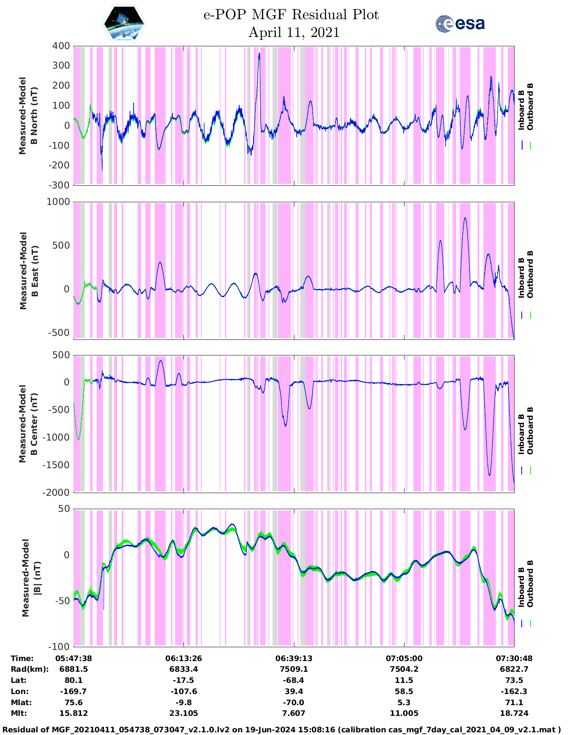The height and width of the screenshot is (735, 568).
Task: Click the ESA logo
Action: pos(460,24)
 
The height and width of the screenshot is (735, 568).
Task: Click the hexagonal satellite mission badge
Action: pos(124,24)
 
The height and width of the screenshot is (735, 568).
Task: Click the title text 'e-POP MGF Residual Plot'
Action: pos(291,15)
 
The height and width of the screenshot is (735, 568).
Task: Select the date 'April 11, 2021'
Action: pos(294,33)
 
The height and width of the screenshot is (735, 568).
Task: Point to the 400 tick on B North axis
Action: pos(61,46)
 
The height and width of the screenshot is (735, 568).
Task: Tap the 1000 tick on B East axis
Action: pos(58,202)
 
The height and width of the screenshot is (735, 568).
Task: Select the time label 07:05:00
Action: pos(404,658)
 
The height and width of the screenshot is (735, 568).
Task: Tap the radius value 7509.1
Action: pos(294,669)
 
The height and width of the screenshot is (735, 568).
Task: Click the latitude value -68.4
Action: pos(294,680)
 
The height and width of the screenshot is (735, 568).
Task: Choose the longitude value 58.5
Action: pos(404,691)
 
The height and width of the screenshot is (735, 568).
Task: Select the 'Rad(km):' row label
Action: pos(29,669)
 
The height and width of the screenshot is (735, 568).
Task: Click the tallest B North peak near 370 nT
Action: pos(259,53)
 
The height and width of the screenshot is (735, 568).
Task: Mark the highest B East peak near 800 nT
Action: pos(465,218)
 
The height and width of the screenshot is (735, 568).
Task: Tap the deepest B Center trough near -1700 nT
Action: pos(490,475)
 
